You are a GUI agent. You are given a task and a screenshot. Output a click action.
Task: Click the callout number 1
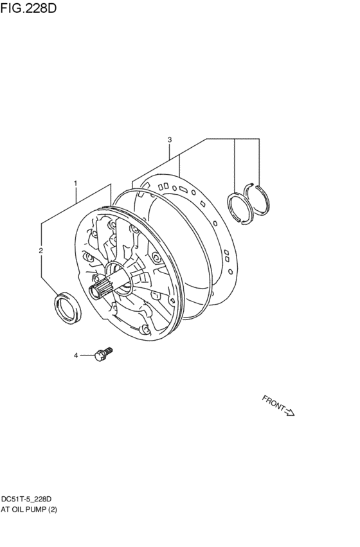(75, 183)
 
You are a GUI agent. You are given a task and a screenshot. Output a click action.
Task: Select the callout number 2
(40, 250)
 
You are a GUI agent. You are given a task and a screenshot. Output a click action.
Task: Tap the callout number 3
(169, 139)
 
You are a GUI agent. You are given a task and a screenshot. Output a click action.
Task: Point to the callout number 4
(75, 355)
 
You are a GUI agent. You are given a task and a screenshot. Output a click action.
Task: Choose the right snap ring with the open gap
(259, 199)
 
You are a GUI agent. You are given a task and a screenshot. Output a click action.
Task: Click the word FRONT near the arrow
(273, 404)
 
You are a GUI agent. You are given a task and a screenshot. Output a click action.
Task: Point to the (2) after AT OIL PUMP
(55, 510)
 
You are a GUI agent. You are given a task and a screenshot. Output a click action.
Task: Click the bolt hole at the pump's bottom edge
(146, 329)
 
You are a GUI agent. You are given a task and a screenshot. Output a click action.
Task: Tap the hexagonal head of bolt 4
(99, 354)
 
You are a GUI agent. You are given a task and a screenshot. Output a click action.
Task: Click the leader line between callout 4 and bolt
(86, 355)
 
